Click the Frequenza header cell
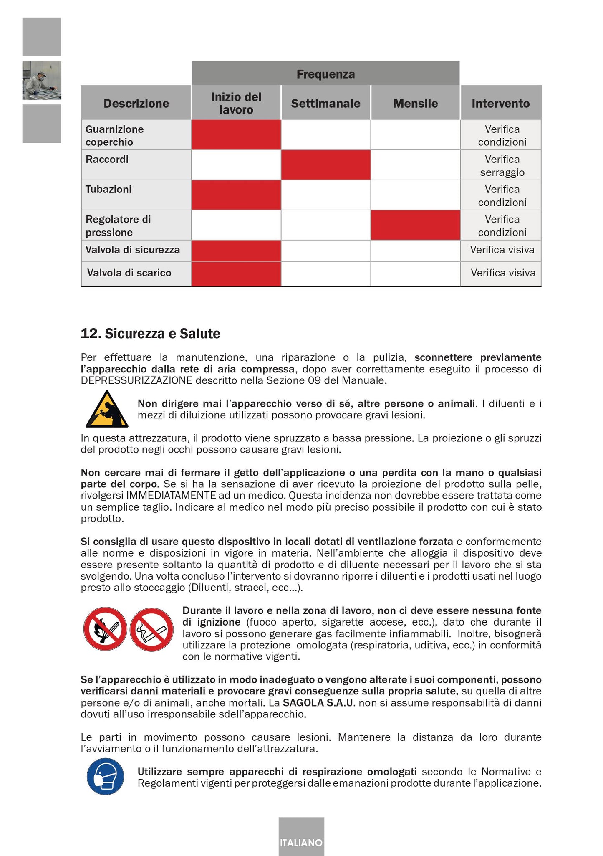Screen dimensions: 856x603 coord(325,74)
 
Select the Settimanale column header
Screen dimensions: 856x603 coord(325,103)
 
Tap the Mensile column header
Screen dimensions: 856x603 coord(415,103)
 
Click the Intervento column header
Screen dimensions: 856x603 coord(500,103)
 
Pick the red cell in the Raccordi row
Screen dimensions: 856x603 coord(325,165)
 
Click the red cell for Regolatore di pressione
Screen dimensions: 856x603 coord(415,225)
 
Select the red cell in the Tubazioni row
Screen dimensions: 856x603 coord(236,195)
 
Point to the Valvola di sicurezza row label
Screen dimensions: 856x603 coord(133,250)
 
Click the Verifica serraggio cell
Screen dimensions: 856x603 coord(502,165)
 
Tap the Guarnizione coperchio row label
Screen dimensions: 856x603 coord(114,135)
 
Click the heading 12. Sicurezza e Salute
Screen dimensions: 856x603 coord(150,334)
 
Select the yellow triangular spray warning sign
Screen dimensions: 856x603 coord(107,409)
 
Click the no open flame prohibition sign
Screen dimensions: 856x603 coord(105,628)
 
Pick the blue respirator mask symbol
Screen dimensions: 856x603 coord(106,776)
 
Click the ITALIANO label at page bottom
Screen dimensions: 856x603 coord(301,843)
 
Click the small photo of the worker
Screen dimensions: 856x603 coord(41,80)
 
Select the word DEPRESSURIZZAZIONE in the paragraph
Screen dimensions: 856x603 coord(136,381)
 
